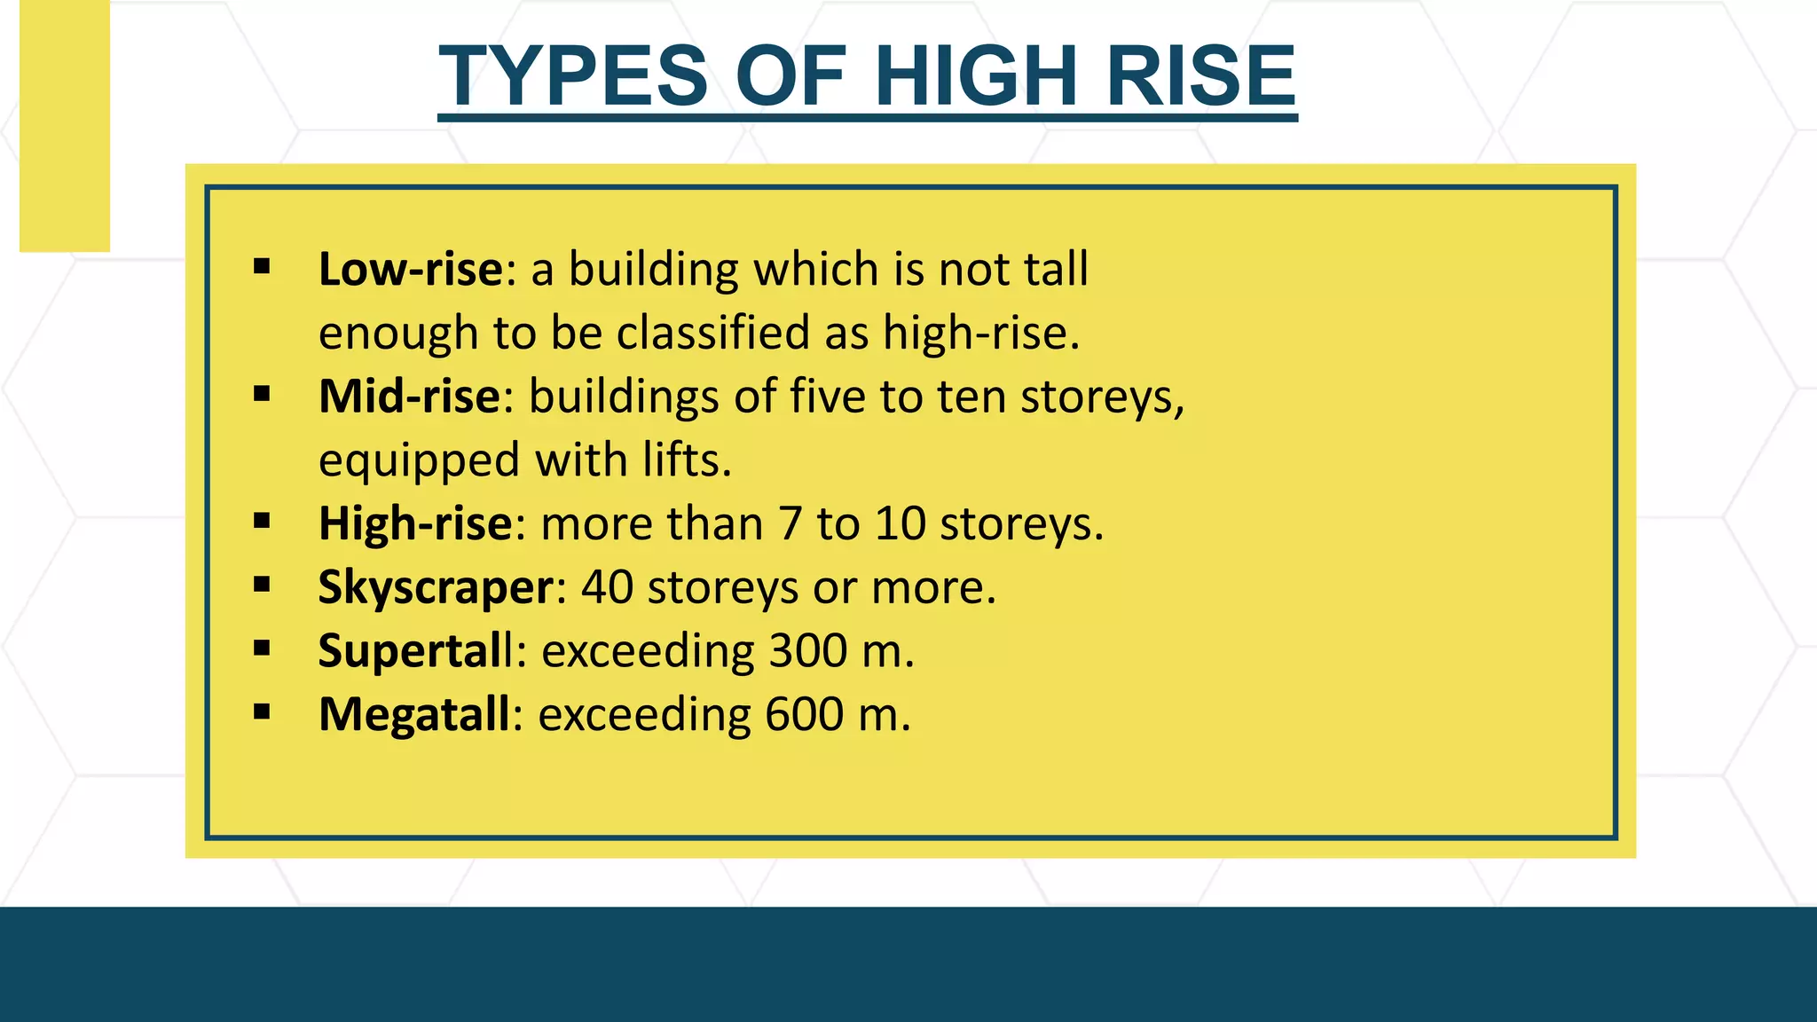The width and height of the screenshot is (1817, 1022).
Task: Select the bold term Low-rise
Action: (x=411, y=269)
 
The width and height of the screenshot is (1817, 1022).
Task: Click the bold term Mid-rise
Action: (x=410, y=396)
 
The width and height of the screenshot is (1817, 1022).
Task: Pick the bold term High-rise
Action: (x=415, y=523)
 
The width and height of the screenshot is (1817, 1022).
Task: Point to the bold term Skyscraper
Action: (x=436, y=587)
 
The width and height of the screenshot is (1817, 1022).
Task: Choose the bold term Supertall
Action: (x=415, y=650)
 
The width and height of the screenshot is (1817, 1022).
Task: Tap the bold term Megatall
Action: (x=414, y=714)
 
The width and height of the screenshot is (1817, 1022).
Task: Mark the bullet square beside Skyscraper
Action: (x=262, y=584)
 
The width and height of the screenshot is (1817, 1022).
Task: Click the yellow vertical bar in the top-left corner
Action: (x=65, y=125)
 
